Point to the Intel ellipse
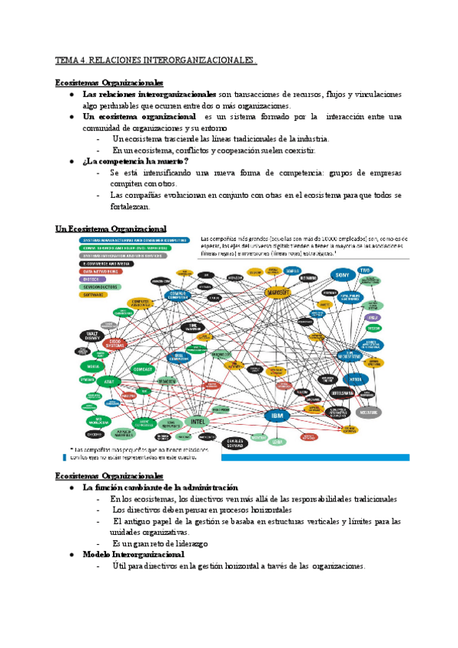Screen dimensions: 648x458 (197, 420)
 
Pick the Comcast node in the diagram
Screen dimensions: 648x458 (144, 369)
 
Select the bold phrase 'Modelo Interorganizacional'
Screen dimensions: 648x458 (134, 553)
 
